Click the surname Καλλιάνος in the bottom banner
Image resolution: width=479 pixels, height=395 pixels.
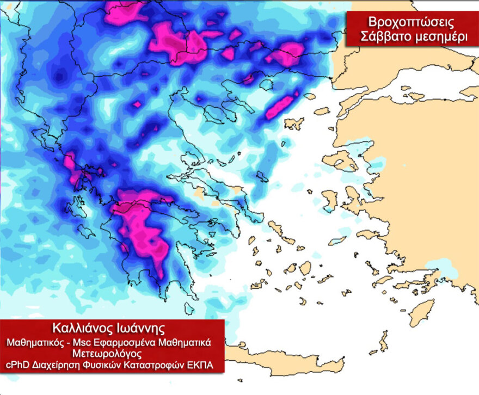[85, 329]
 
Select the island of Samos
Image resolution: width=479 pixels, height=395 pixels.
[371, 234]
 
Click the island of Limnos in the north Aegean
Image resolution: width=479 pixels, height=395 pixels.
[294, 124]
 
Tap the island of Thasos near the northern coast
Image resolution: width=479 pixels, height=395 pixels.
[266, 85]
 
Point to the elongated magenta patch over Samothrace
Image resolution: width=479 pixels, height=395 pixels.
[281, 106]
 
